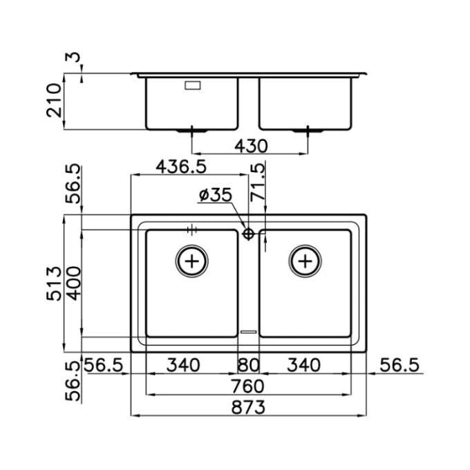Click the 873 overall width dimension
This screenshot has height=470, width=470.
click(248, 407)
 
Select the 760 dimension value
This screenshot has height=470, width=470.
click(247, 386)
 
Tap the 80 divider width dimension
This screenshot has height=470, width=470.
click(248, 366)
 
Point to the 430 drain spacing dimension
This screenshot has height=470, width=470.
click(251, 147)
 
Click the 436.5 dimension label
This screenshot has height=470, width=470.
click(181, 167)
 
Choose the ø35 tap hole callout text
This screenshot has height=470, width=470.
click(216, 195)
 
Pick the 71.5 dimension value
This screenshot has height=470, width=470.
click(258, 181)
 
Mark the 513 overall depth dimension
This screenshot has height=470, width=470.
click(54, 283)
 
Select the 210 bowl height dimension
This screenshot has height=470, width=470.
click(54, 100)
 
